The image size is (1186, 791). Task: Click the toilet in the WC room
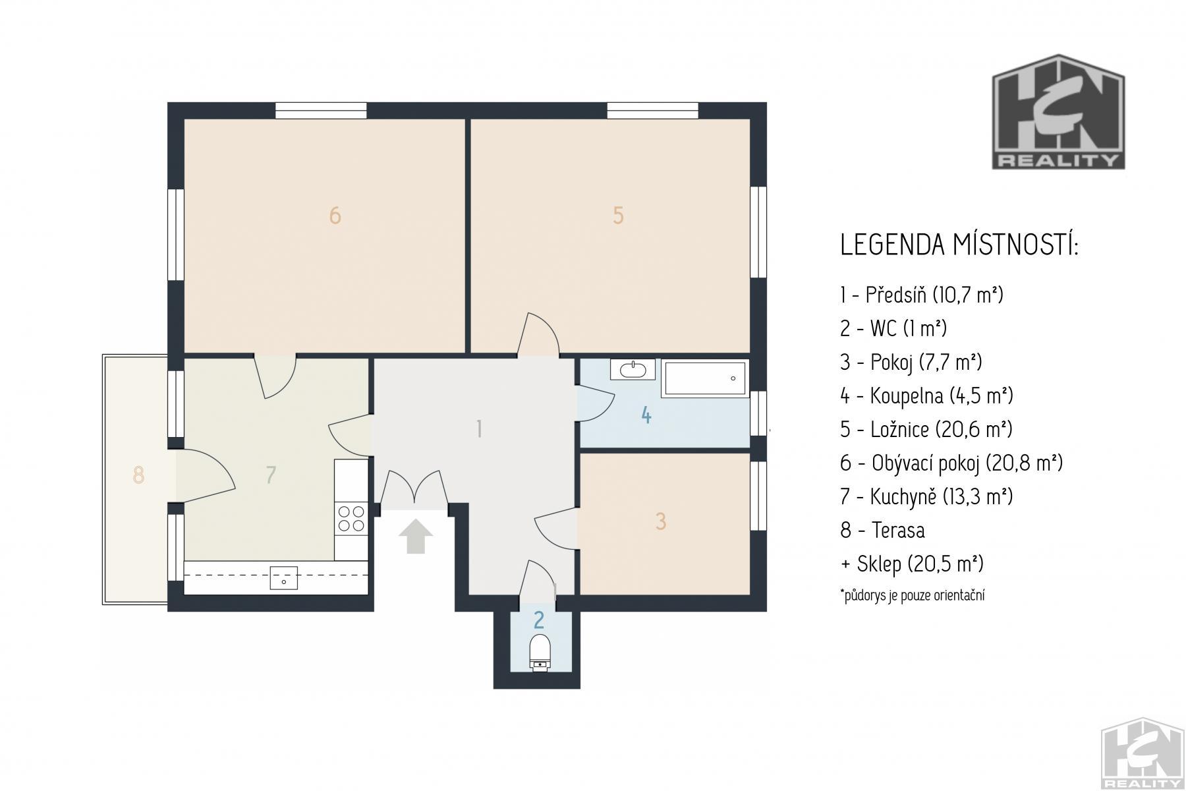pos(540,653)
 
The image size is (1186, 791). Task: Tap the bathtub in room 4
pos(704,378)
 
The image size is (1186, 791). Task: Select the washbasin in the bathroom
pos(633,369)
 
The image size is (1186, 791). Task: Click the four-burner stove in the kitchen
pos(351,517)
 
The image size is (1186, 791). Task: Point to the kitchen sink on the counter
pos(284,577)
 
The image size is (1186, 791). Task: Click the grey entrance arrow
pos(416,536)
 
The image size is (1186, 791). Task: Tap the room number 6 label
pos(335,216)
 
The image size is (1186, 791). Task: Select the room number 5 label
pos(618,216)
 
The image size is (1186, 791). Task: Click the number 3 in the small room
pos(661,521)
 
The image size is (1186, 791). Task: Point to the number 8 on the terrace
pos(138,475)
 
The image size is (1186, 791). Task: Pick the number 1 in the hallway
pos(480,429)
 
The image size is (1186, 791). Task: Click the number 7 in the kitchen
pos(271,475)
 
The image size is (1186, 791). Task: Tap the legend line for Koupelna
pos(926,396)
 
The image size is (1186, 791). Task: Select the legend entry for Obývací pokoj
pos(951,463)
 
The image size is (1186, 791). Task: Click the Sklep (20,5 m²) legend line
pos(912,564)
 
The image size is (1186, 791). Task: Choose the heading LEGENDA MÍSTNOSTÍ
pos(959,245)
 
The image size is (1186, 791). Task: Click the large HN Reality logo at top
pos(1059,111)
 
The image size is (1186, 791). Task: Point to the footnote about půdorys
pos(913,595)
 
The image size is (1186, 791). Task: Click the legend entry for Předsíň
pos(922,295)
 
